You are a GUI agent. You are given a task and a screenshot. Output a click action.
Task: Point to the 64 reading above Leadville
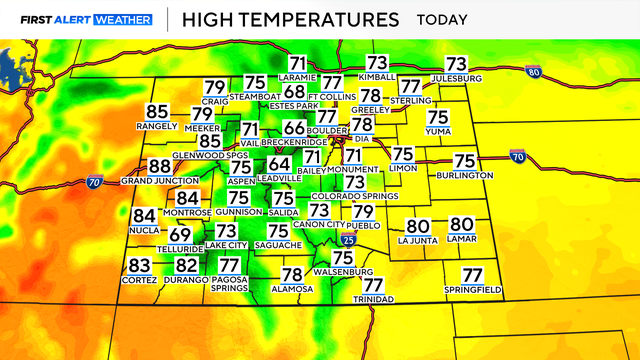click(280, 165)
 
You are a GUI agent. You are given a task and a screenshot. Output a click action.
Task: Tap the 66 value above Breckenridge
click(294, 128)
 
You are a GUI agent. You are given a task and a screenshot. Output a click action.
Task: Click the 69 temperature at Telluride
click(180, 234)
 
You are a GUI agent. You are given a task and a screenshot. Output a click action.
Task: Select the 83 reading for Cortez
click(139, 265)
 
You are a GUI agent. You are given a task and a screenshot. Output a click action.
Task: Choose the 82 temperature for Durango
click(187, 265)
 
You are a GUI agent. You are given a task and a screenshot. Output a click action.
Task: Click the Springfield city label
click(473, 290)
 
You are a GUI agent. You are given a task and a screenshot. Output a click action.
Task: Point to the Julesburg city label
click(456, 78)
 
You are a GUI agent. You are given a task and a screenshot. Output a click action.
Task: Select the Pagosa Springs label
click(230, 285)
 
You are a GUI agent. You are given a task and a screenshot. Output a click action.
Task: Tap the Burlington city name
click(465, 175)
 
